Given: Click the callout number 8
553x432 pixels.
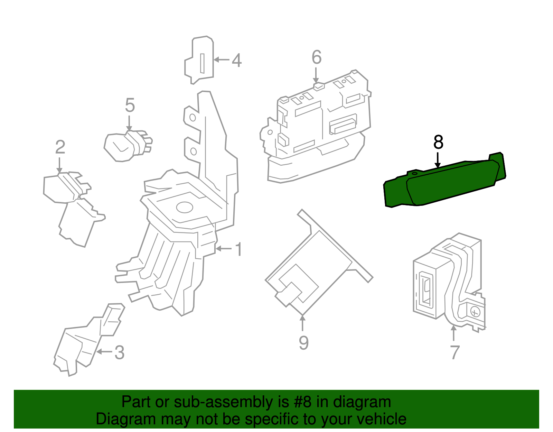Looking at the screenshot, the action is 438,142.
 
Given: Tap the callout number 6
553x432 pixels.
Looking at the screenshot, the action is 316,57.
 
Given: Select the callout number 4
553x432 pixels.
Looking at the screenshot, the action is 236,60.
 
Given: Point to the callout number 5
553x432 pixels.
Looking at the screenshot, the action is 130,105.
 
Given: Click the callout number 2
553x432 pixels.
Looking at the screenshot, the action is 60,147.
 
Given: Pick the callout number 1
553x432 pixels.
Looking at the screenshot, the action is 238,249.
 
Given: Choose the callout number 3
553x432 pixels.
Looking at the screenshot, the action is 119,352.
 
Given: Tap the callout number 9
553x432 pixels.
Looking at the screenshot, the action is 303,342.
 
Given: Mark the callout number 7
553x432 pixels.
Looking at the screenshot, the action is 454,352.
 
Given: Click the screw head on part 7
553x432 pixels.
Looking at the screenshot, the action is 476,313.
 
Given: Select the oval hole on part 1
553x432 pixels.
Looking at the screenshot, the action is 184,208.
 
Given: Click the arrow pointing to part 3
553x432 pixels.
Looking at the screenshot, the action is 104,352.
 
